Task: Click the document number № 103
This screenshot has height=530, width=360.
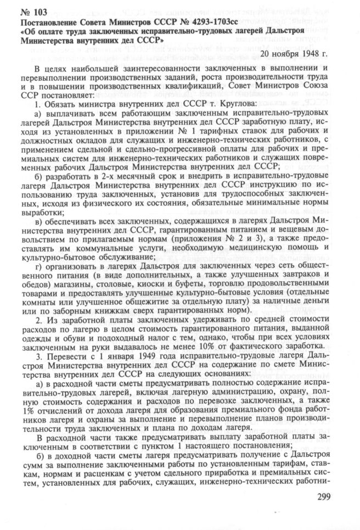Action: click(x=33, y=13)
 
